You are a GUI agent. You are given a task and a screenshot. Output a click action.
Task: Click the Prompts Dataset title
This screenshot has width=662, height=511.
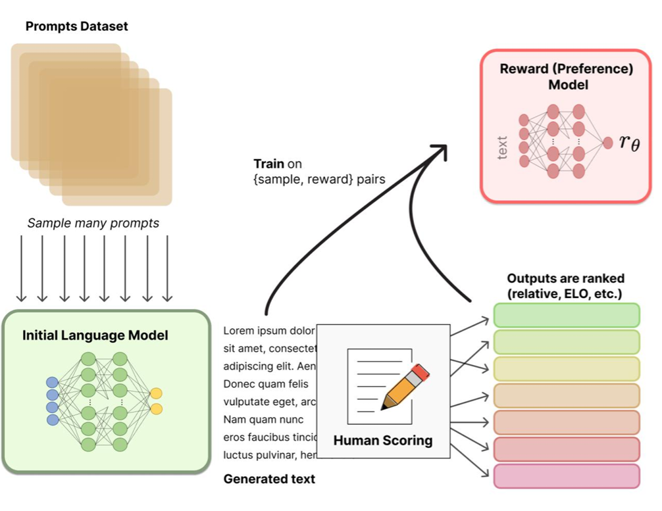[76, 27]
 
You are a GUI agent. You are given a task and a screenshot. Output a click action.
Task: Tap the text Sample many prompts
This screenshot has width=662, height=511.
[93, 223]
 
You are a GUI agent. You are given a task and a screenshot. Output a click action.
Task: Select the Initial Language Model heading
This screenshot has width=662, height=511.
[95, 335]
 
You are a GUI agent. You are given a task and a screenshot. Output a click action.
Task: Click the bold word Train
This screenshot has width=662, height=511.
[269, 164]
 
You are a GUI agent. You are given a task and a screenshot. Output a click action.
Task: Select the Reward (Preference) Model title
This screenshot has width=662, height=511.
[566, 76]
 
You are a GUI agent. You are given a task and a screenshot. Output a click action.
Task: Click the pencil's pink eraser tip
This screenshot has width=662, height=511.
[422, 372]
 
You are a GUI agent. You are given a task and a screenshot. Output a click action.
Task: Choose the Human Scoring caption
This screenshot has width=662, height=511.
[383, 440]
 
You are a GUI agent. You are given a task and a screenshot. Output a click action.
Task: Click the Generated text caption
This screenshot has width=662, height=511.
[269, 479]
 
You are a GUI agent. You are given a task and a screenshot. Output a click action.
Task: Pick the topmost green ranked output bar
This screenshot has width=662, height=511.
[567, 315]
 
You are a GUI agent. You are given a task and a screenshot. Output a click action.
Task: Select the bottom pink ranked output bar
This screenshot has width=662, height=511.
[567, 475]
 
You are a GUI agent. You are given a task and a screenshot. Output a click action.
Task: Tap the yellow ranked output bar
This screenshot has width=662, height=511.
[567, 368]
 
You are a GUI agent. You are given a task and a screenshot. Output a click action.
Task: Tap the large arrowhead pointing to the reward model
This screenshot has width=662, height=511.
[439, 150]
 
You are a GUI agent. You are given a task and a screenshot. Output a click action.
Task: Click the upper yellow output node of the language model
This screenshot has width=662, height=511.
[156, 393]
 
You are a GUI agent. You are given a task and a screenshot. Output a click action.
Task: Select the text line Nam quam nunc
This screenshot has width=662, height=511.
[263, 419]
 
